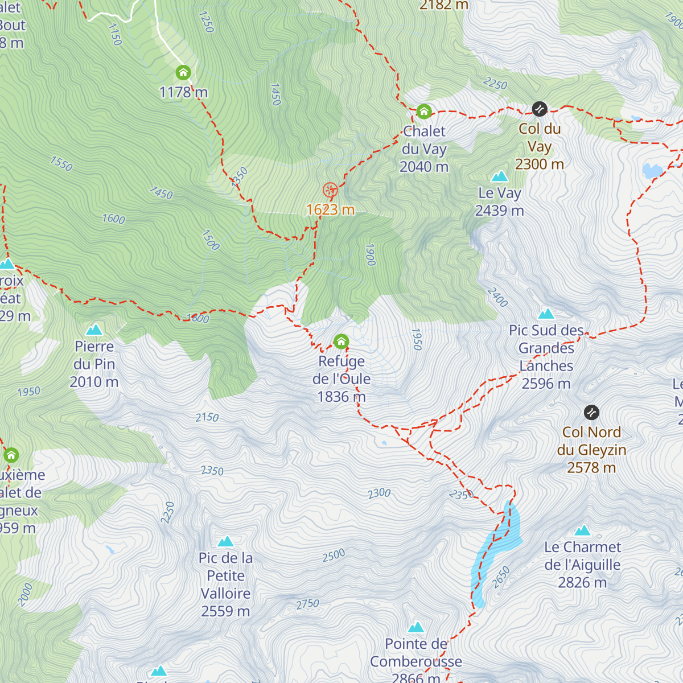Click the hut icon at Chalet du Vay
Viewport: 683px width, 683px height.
click(x=423, y=111)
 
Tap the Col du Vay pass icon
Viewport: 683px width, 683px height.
click(x=539, y=108)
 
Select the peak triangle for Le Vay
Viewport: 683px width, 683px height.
click(x=499, y=176)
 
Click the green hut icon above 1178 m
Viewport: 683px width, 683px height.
click(x=183, y=73)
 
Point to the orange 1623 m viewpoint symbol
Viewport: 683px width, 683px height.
click(x=330, y=190)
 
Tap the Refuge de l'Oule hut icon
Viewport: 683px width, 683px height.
click(x=341, y=341)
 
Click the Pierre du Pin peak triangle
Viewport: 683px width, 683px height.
click(x=94, y=330)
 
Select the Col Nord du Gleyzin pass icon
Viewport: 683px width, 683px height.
click(x=591, y=412)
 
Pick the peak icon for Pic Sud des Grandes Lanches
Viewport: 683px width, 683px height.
click(x=546, y=314)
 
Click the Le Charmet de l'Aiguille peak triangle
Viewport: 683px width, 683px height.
click(x=582, y=530)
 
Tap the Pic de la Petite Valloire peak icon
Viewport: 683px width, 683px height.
click(x=225, y=541)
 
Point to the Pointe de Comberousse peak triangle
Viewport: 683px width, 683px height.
click(x=416, y=627)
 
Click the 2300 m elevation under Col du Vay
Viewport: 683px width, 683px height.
click(x=539, y=164)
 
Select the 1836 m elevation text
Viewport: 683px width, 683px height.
click(x=341, y=397)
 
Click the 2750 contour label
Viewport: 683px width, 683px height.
click(x=307, y=604)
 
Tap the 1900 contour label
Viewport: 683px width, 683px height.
click(x=371, y=254)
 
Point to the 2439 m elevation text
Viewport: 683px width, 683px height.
click(x=499, y=211)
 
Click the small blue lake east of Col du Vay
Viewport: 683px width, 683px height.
click(x=652, y=170)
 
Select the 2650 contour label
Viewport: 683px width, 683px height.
click(x=501, y=577)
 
